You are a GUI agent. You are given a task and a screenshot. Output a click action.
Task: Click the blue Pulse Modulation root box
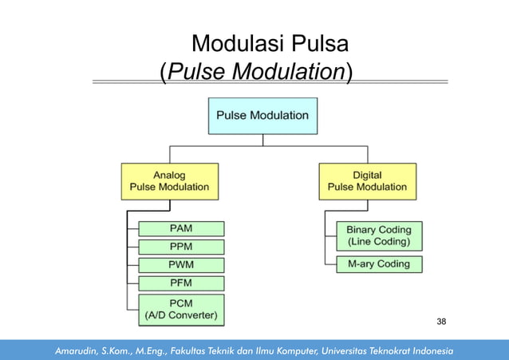pos(262,116)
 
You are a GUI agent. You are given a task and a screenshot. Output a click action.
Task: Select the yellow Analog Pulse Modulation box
pos(169,181)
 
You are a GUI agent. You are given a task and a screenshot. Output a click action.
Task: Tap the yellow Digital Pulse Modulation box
pos(367,181)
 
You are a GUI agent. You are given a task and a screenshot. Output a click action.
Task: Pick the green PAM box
pos(181,228)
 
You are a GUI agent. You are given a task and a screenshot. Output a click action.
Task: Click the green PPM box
pos(181,247)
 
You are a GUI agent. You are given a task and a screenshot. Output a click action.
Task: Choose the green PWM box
pos(181,265)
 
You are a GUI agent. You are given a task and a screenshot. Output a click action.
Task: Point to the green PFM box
pos(181,283)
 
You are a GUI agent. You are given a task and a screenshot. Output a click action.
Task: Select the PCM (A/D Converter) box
pos(181,309)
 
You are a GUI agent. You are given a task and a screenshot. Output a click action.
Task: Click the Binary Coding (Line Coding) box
pos(373,236)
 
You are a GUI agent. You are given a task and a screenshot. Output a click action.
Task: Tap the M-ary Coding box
pos(373,264)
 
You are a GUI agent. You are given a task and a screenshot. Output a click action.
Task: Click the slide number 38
pos(441,321)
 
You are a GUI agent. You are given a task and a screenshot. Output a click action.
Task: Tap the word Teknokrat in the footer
pos(377,350)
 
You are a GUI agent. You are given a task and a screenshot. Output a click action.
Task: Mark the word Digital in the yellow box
pos(367,175)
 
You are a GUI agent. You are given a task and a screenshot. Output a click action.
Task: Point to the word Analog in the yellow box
pos(169,175)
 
